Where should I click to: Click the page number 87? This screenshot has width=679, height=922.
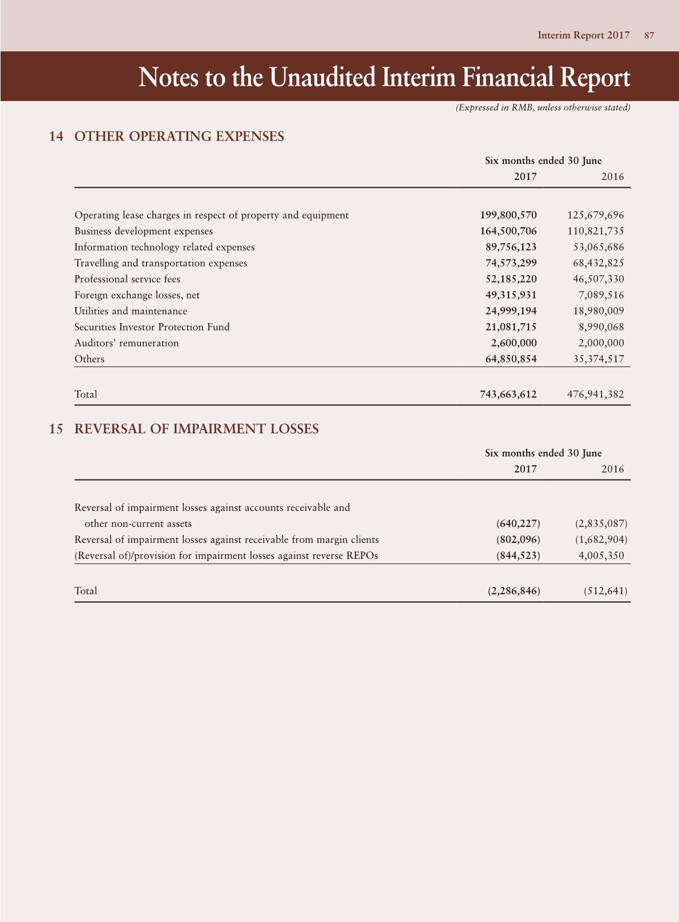[649, 35]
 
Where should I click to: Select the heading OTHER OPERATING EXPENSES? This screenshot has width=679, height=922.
[179, 136]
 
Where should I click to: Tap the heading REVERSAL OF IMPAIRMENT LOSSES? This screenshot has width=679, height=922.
[196, 429]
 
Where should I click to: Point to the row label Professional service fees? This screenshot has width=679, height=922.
[127, 279]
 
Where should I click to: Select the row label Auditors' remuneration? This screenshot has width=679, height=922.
[126, 343]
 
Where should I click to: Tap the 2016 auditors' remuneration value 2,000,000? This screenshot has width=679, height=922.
[599, 343]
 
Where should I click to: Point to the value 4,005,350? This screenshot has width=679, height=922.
[601, 555]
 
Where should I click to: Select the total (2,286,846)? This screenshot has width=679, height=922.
[514, 591]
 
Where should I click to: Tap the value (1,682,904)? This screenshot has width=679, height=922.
[601, 539]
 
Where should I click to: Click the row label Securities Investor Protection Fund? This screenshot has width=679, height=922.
[152, 327]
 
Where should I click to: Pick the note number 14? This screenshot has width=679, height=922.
[56, 136]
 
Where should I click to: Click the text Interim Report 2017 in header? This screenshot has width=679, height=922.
[583, 35]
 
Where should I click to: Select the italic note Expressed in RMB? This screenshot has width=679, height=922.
[543, 107]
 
